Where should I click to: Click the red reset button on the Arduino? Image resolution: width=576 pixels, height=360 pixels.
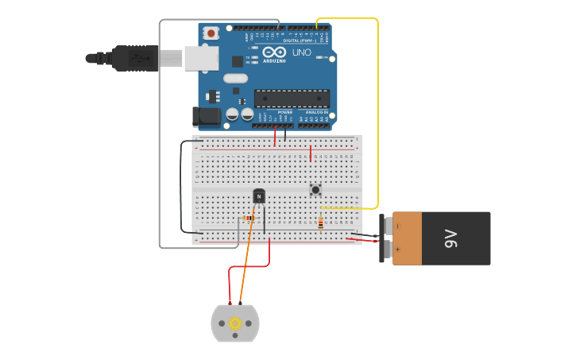(x=211, y=33)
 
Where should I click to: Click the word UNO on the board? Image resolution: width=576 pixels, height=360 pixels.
(x=302, y=52)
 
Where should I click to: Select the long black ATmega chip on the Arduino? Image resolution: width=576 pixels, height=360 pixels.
(x=292, y=99)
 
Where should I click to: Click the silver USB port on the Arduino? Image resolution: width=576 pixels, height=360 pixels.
(x=201, y=57)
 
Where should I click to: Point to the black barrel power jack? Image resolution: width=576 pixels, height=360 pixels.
(x=207, y=117)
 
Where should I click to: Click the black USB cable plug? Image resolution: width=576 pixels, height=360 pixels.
(x=135, y=58)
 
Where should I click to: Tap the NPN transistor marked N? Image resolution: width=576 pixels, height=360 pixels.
(x=259, y=195)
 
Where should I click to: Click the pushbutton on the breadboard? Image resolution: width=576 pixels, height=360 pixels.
(x=315, y=189)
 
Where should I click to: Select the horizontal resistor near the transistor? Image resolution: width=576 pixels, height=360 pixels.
(x=249, y=218)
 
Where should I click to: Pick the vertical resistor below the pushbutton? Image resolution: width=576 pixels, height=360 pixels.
(x=320, y=224)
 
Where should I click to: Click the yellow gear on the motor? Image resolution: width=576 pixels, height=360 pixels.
(x=235, y=323)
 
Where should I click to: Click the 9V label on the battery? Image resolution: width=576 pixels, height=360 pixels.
(x=450, y=238)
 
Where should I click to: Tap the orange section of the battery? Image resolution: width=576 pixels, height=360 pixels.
(x=408, y=238)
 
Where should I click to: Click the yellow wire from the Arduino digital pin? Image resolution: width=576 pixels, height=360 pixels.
(x=377, y=111)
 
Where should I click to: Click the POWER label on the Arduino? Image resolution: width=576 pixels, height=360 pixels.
(x=284, y=113)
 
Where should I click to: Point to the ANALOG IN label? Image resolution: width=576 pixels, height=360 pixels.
(x=316, y=113)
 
